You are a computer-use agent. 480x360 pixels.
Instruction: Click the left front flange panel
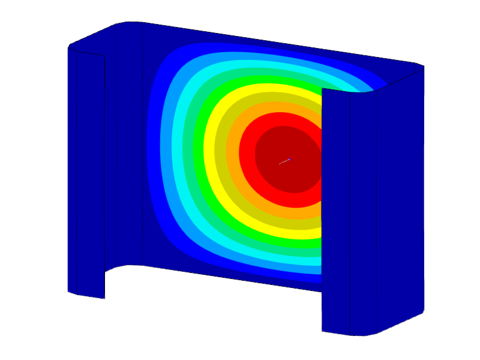[86, 174]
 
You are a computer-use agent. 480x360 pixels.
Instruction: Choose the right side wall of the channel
[402, 198]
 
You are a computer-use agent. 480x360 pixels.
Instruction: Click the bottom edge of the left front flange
[86, 295]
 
